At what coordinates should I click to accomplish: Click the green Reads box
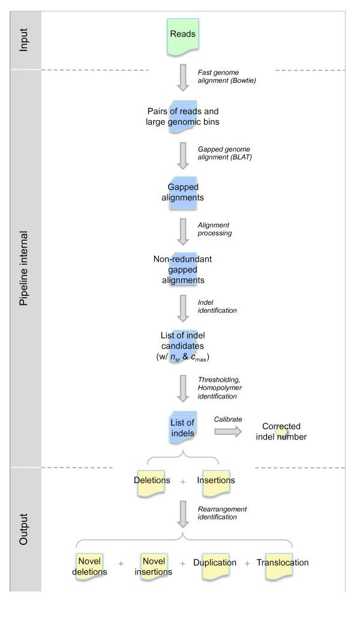point(182,35)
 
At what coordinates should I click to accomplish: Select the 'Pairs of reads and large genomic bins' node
point(182,117)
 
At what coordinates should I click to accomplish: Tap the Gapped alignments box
point(182,193)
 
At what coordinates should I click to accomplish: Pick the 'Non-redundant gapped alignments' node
point(182,269)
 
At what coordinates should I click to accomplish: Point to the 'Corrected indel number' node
point(281,432)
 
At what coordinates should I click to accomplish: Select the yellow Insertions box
point(216,481)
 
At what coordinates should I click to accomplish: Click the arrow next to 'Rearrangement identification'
point(182,514)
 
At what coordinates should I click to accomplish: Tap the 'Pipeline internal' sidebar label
point(24,267)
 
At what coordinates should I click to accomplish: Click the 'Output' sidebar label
point(24,528)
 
